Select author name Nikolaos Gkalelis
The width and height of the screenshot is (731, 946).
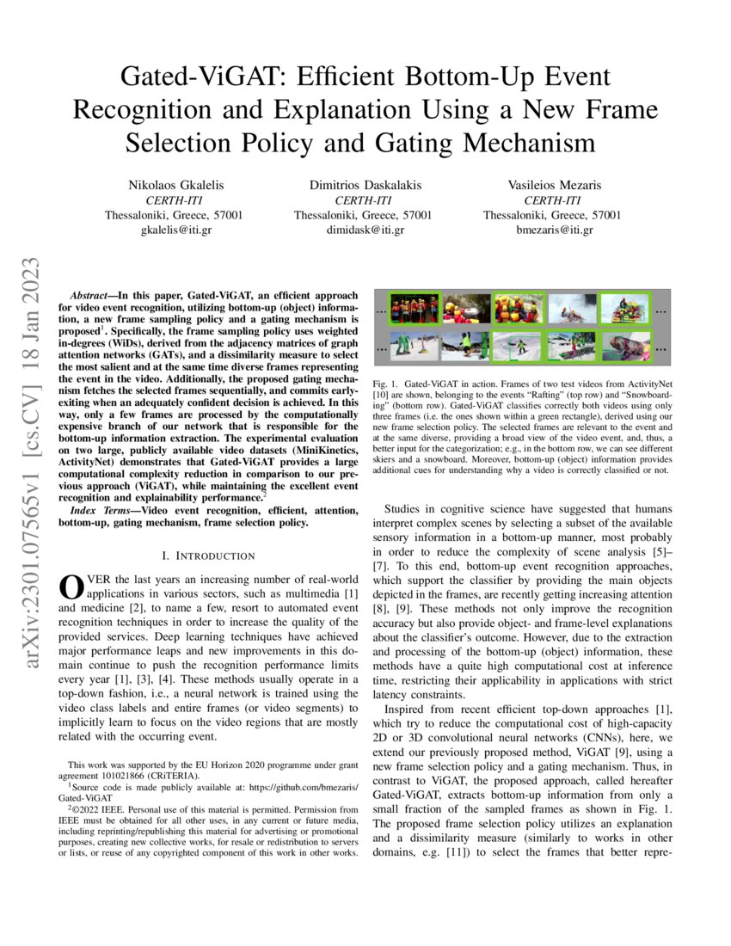(x=174, y=185)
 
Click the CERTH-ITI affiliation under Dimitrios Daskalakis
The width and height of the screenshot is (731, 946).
(x=363, y=200)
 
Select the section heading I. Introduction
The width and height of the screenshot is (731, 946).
(x=208, y=556)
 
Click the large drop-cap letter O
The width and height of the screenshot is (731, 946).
(x=68, y=587)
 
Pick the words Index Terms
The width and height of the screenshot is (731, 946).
(x=95, y=511)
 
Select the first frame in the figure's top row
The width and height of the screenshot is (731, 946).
(x=414, y=308)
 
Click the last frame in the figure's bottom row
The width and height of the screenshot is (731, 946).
(x=626, y=347)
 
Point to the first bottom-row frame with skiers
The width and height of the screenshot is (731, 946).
(x=414, y=347)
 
